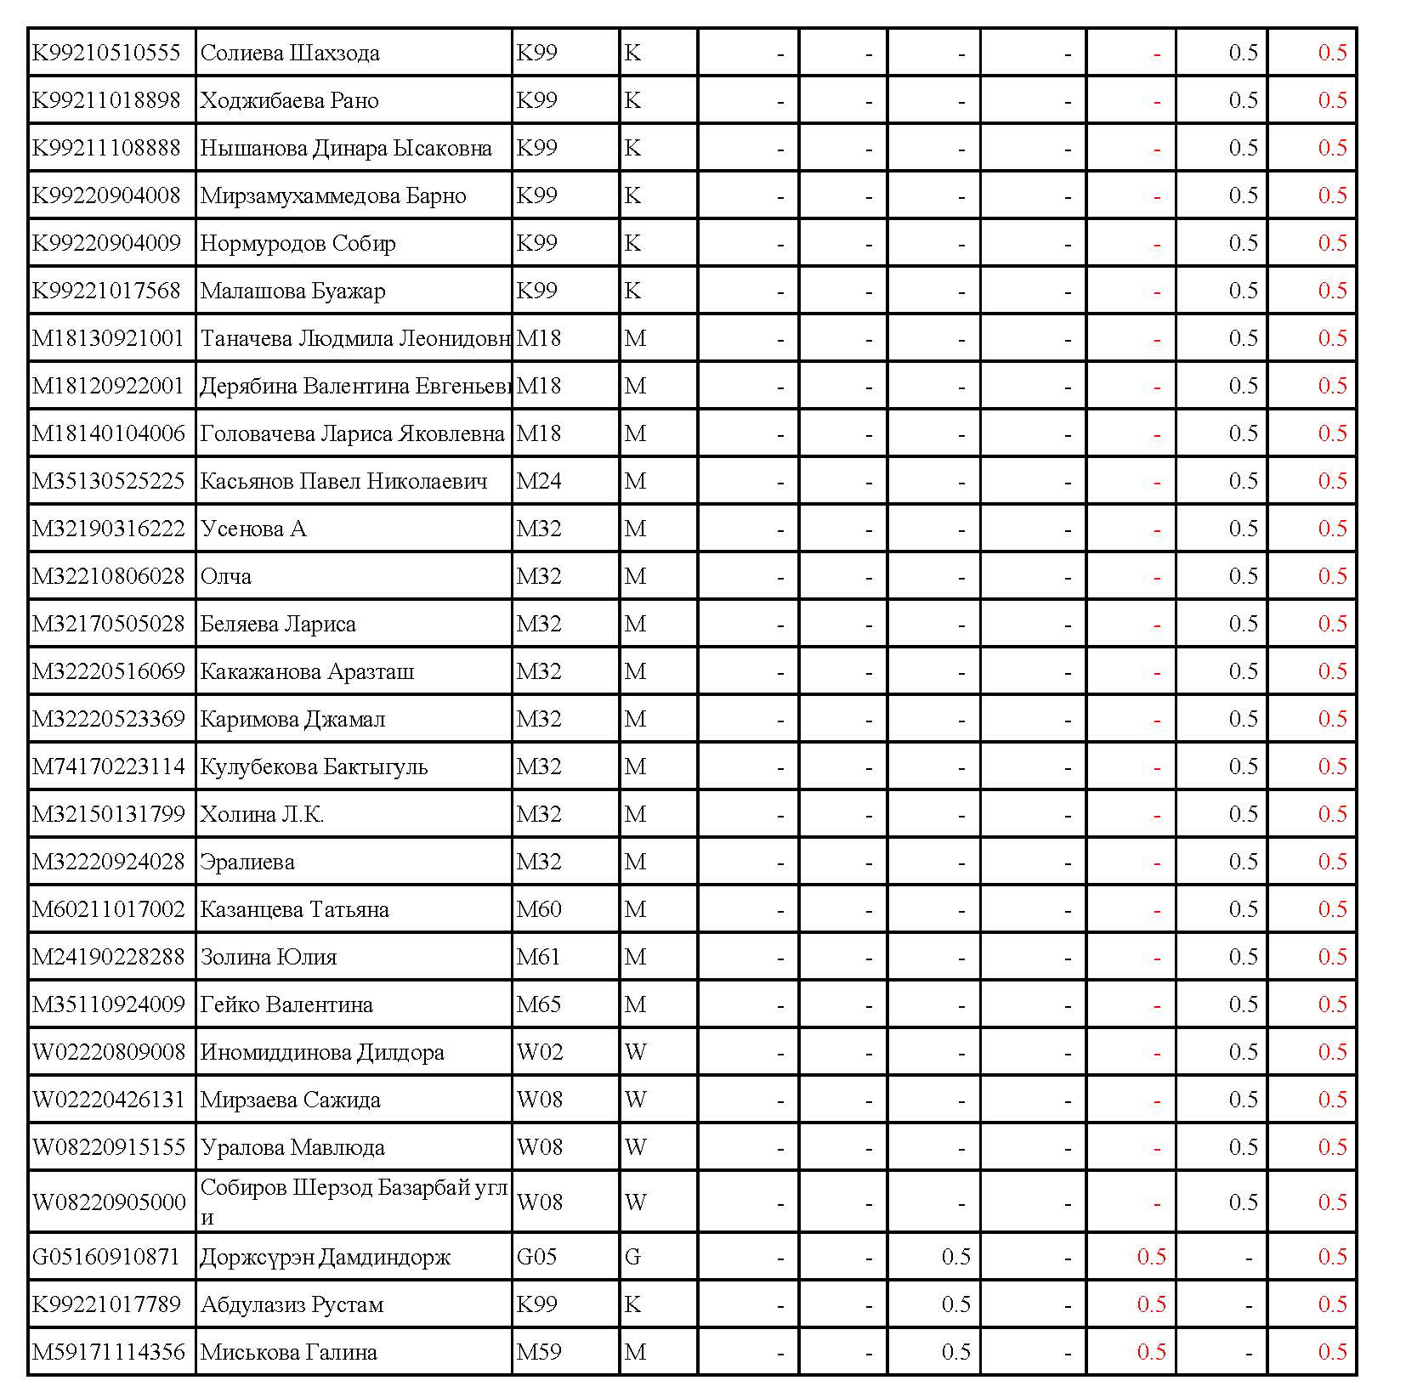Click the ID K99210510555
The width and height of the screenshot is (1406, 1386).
[x=106, y=53]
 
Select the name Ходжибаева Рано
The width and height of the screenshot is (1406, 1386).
[x=289, y=100]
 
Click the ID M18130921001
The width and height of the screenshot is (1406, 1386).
[x=108, y=338]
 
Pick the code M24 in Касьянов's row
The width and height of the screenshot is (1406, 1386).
[x=539, y=481]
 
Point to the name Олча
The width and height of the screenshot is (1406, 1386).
[x=226, y=576]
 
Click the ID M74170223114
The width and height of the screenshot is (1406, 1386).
[x=108, y=767]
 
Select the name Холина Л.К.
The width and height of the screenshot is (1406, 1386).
[x=262, y=814]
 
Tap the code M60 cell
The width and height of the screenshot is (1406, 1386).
[x=539, y=909]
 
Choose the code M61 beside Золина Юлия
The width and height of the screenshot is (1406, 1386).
[x=538, y=957]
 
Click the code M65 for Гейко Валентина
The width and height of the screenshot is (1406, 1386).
[x=539, y=1004]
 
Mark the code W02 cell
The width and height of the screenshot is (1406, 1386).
[x=540, y=1052]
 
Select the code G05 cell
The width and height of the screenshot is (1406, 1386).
[x=536, y=1256]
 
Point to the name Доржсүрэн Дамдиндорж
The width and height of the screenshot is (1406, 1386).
[x=325, y=1257]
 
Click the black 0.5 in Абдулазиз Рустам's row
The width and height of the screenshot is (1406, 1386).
[x=955, y=1304]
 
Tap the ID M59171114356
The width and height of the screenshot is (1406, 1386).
[x=108, y=1352]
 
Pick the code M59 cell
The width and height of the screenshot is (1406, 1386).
[x=539, y=1352]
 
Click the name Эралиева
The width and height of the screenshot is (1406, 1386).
[x=247, y=862]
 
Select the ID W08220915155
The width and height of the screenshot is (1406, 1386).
[x=108, y=1147]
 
